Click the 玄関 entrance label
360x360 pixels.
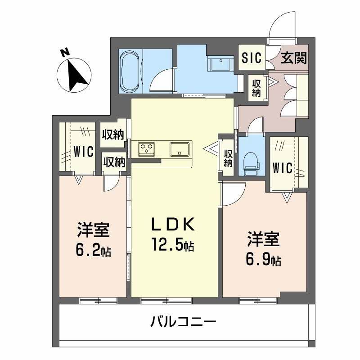click(x=294, y=58)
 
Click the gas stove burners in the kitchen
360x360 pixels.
click(x=146, y=148)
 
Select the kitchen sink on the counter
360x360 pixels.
click(x=180, y=148)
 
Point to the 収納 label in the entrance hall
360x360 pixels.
click(x=256, y=88)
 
